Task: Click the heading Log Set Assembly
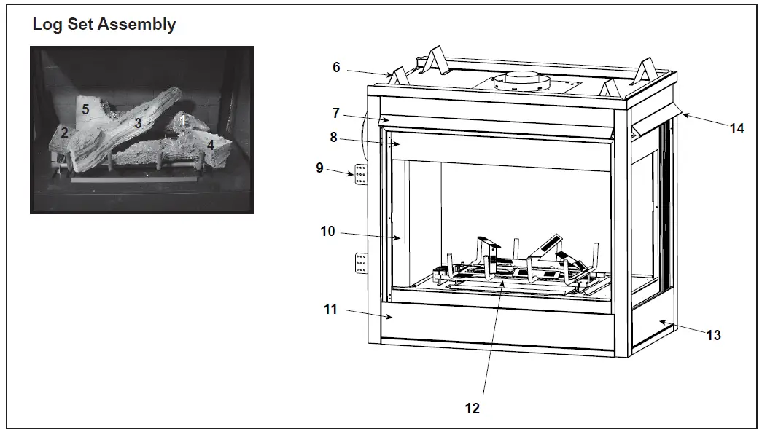tap(104, 25)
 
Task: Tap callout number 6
tap(336, 67)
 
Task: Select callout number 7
tap(336, 113)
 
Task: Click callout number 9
tap(319, 167)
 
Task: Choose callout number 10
tap(327, 232)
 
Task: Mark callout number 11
tap(330, 310)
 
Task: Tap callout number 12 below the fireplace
tap(473, 408)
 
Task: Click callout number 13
tap(713, 334)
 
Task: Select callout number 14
tap(736, 128)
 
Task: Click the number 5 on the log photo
tap(85, 109)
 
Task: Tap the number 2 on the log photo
tap(64, 133)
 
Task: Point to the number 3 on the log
tap(137, 124)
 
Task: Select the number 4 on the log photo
tap(211, 144)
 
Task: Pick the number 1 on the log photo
tap(184, 119)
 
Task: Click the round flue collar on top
tap(521, 82)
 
